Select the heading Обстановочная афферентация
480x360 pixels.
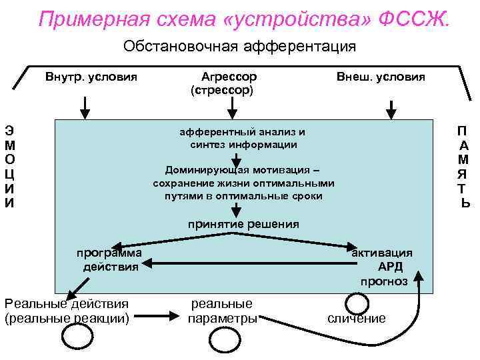click(x=240, y=47)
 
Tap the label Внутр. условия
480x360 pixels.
click(x=91, y=76)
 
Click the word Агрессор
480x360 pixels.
click(x=229, y=76)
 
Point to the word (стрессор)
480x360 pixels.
click(x=222, y=89)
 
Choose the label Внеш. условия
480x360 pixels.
click(x=381, y=76)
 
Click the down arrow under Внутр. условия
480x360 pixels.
click(x=85, y=107)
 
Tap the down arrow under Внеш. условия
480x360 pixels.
click(x=391, y=109)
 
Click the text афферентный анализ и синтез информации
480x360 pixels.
click(x=243, y=138)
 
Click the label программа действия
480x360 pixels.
click(x=109, y=260)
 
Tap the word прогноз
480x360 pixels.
click(x=384, y=281)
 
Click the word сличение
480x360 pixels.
click(x=357, y=319)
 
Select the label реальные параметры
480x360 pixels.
click(x=222, y=311)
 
